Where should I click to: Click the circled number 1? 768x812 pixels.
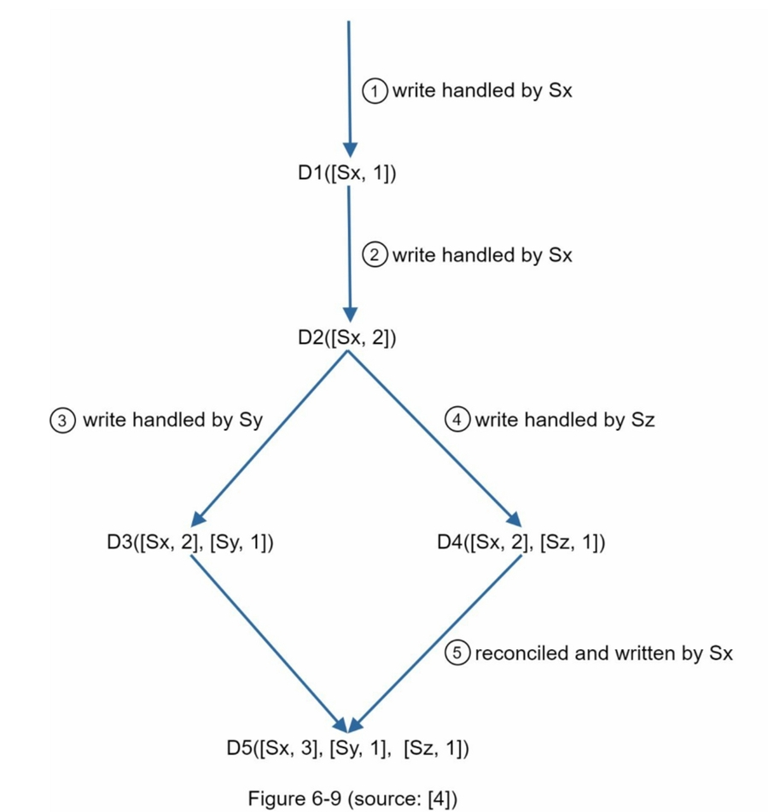375,90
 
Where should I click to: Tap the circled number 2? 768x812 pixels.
375,255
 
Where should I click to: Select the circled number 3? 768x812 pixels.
63,420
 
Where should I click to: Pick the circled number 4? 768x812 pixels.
458,420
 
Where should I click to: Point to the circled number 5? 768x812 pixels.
458,653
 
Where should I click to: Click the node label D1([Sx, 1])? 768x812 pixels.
347,173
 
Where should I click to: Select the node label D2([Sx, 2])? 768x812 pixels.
347,337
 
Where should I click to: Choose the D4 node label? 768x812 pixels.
520,542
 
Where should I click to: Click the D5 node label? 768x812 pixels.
348,749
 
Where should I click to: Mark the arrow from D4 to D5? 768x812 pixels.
435,645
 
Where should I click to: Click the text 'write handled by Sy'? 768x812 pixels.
172,420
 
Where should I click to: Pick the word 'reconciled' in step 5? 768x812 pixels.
514,653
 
